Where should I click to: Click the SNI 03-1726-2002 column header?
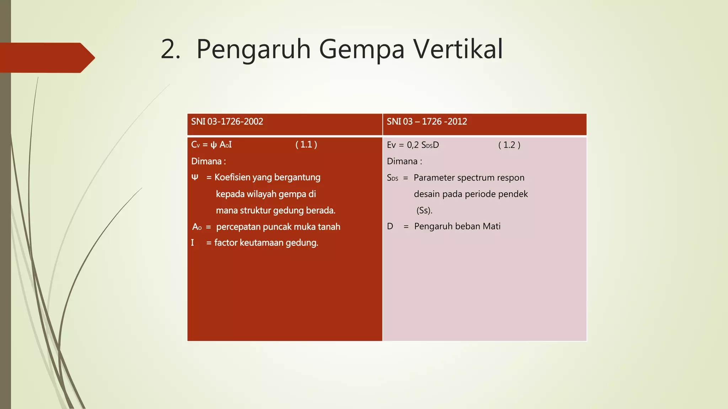tap(227, 122)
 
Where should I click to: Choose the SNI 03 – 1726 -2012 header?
tap(427, 122)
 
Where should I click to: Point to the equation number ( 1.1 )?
tap(306, 144)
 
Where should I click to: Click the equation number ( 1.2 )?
tap(509, 145)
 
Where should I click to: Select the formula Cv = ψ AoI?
tap(211, 145)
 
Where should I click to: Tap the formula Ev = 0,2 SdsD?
tap(413, 145)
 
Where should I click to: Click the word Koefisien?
tap(232, 177)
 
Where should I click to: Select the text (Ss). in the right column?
tap(424, 210)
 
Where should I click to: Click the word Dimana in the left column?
tap(206, 162)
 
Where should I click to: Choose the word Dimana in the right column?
tap(402, 162)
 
